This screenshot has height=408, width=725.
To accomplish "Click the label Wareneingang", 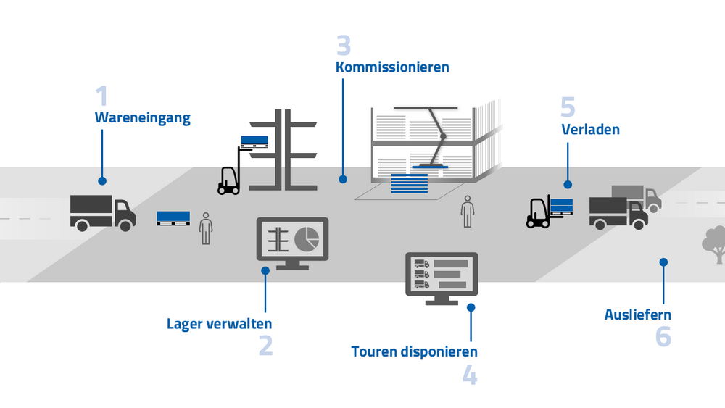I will [143, 118].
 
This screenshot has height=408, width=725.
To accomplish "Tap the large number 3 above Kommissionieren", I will [344, 45].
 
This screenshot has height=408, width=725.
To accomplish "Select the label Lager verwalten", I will [220, 323].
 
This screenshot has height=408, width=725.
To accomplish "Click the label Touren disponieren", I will [415, 351].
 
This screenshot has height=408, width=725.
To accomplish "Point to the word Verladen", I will [591, 130].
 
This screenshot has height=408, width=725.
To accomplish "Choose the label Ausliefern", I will [638, 315].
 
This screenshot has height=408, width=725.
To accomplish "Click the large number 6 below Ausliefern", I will [663, 337].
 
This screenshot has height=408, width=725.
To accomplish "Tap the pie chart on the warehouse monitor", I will [309, 238].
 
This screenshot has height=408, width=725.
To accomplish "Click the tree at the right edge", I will [715, 243].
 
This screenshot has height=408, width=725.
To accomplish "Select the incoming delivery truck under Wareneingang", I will [103, 212].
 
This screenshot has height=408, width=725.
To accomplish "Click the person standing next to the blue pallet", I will [206, 228].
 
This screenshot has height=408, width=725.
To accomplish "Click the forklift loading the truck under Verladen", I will [539, 212].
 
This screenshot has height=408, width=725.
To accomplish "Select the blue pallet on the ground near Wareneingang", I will [173, 217].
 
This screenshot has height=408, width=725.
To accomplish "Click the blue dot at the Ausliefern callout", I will [663, 262].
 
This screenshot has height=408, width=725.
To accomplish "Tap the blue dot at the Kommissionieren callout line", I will [344, 178].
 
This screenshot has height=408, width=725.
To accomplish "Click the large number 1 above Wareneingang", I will [101, 96].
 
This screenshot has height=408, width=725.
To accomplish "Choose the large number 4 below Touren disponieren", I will [470, 375].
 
